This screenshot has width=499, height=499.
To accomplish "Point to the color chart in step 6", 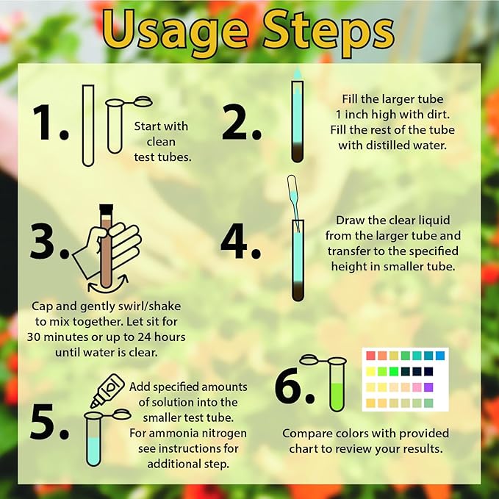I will [x=404, y=379].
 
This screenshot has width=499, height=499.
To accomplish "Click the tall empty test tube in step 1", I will [x=88, y=124].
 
